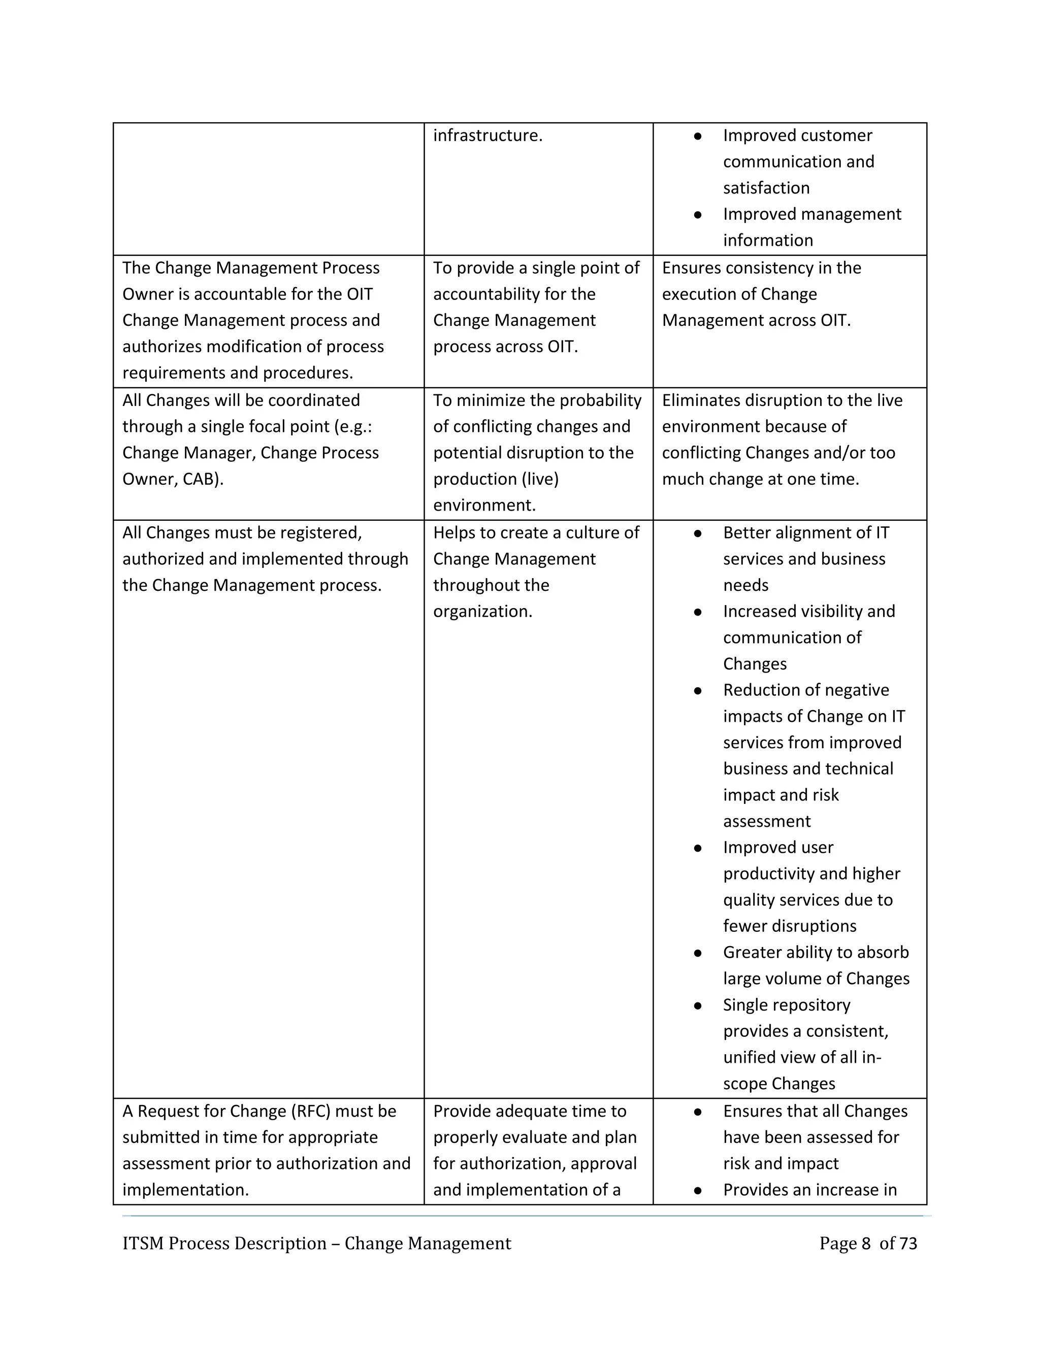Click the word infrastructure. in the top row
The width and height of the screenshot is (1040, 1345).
point(487,136)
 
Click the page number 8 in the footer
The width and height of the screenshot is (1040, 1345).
point(866,1243)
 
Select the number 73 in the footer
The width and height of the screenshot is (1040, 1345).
point(908,1243)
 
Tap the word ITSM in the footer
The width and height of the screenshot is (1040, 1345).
point(142,1243)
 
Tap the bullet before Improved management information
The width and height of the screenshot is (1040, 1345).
point(697,215)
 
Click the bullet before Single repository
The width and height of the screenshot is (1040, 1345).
point(697,1005)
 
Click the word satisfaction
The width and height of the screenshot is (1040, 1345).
point(766,188)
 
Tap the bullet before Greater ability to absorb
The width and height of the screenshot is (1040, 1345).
point(697,953)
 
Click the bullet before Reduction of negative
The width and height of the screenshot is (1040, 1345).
point(697,691)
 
